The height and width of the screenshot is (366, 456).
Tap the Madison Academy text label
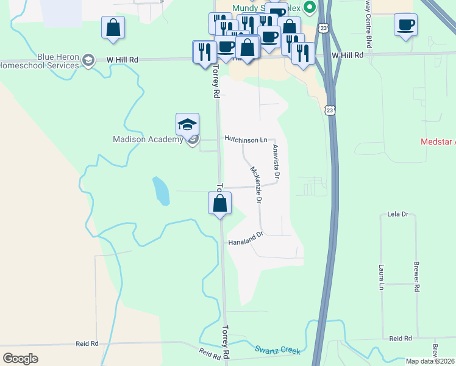point(148,139)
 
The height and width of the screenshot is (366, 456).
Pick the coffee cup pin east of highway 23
point(405,26)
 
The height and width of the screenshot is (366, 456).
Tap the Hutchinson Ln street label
point(246,140)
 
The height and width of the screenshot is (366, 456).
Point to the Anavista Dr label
point(276,162)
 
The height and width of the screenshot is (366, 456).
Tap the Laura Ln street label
point(382,276)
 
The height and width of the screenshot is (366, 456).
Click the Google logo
point(20,359)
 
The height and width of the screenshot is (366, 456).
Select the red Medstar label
point(438,142)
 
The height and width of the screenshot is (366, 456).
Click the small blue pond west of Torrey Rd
point(161,191)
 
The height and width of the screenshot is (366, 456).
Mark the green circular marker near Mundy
point(309,8)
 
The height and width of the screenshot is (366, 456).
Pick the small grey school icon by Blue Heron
point(88,59)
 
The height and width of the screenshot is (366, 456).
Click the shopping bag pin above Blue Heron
point(113,28)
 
